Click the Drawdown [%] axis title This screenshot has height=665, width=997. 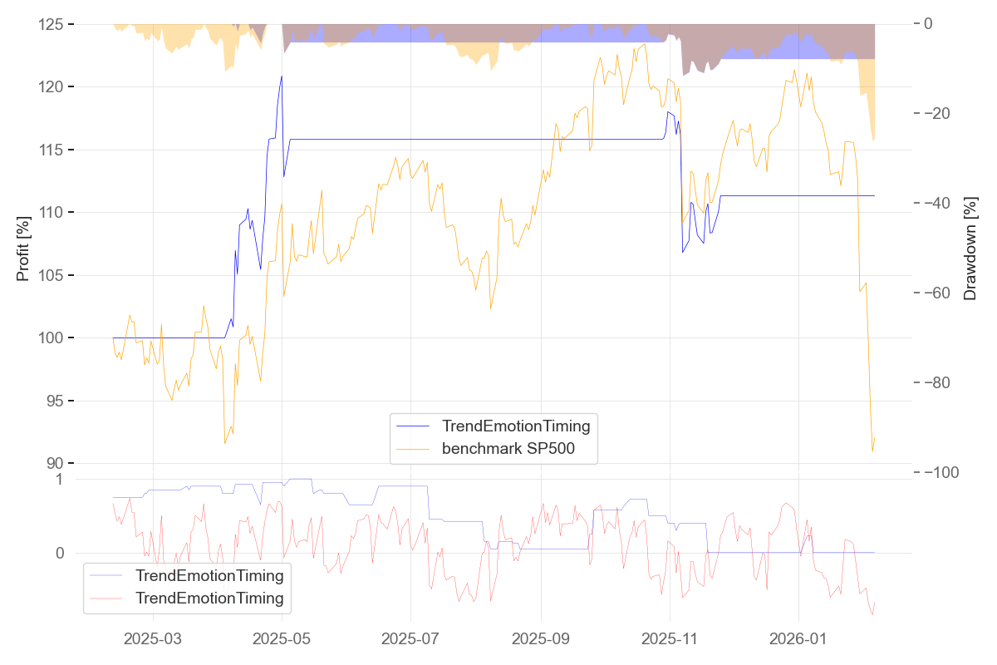(970, 249)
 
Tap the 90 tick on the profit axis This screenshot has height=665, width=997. (55, 464)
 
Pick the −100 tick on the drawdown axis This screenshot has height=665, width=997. (941, 472)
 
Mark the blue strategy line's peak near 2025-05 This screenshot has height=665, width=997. (282, 76)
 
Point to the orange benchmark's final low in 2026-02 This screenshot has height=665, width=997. (872, 451)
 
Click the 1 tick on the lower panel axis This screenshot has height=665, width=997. (59, 480)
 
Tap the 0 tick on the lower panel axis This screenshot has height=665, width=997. (59, 553)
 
